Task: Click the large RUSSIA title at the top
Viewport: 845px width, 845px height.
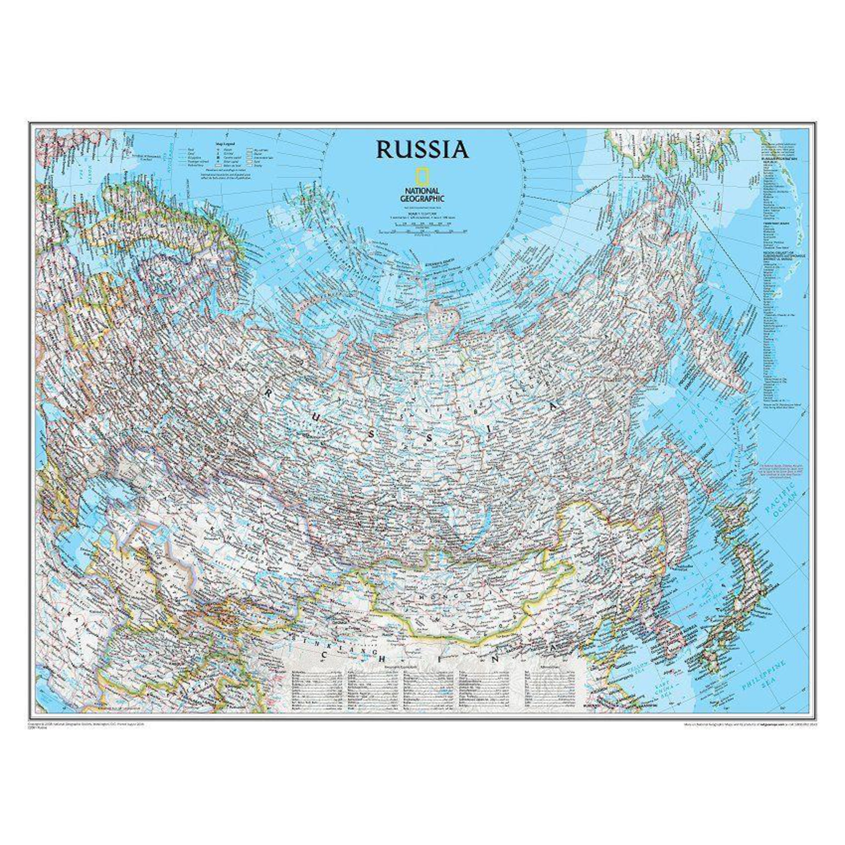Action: [422, 150]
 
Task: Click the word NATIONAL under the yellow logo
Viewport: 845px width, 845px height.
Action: [422, 191]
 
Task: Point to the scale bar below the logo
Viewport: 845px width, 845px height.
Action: [422, 231]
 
